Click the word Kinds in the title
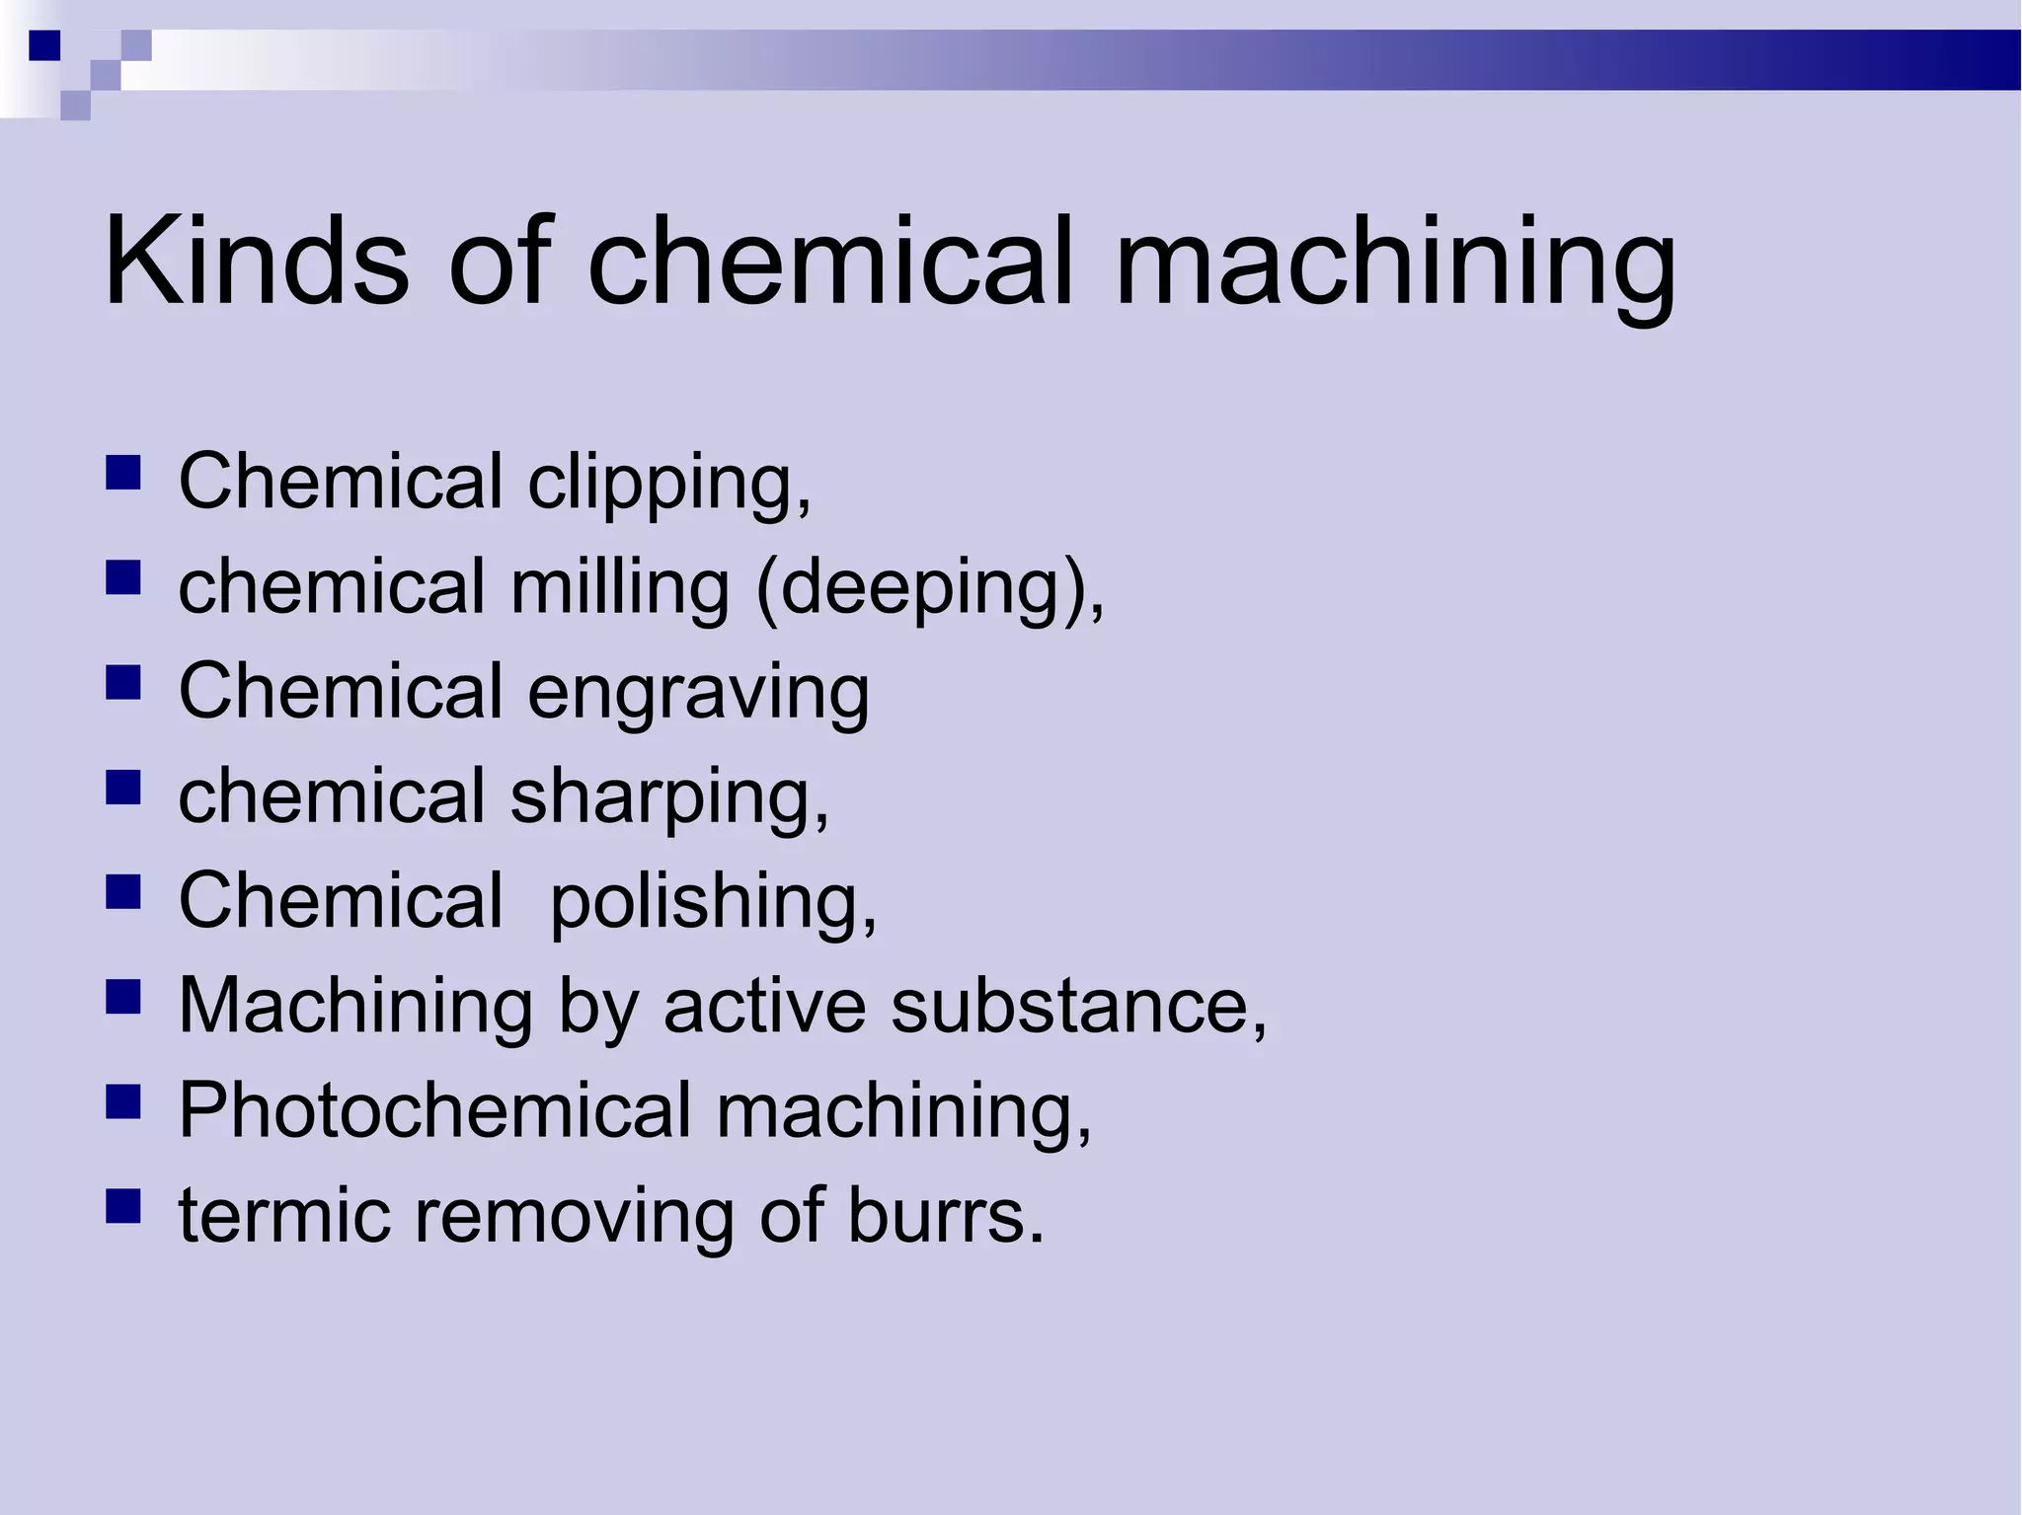(256, 262)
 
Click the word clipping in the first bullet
(668, 484)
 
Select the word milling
(619, 588)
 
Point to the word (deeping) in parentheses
(928, 589)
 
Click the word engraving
(698, 693)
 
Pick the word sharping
(668, 797)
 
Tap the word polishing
(712, 902)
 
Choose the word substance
(1077, 1006)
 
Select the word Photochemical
(434, 1110)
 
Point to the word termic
(283, 1215)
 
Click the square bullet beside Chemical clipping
(122, 473)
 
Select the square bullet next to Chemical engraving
(122, 682)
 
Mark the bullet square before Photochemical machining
(122, 1100)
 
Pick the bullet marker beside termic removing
(122, 1205)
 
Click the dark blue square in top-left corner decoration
(45, 45)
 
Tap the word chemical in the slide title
(829, 262)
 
